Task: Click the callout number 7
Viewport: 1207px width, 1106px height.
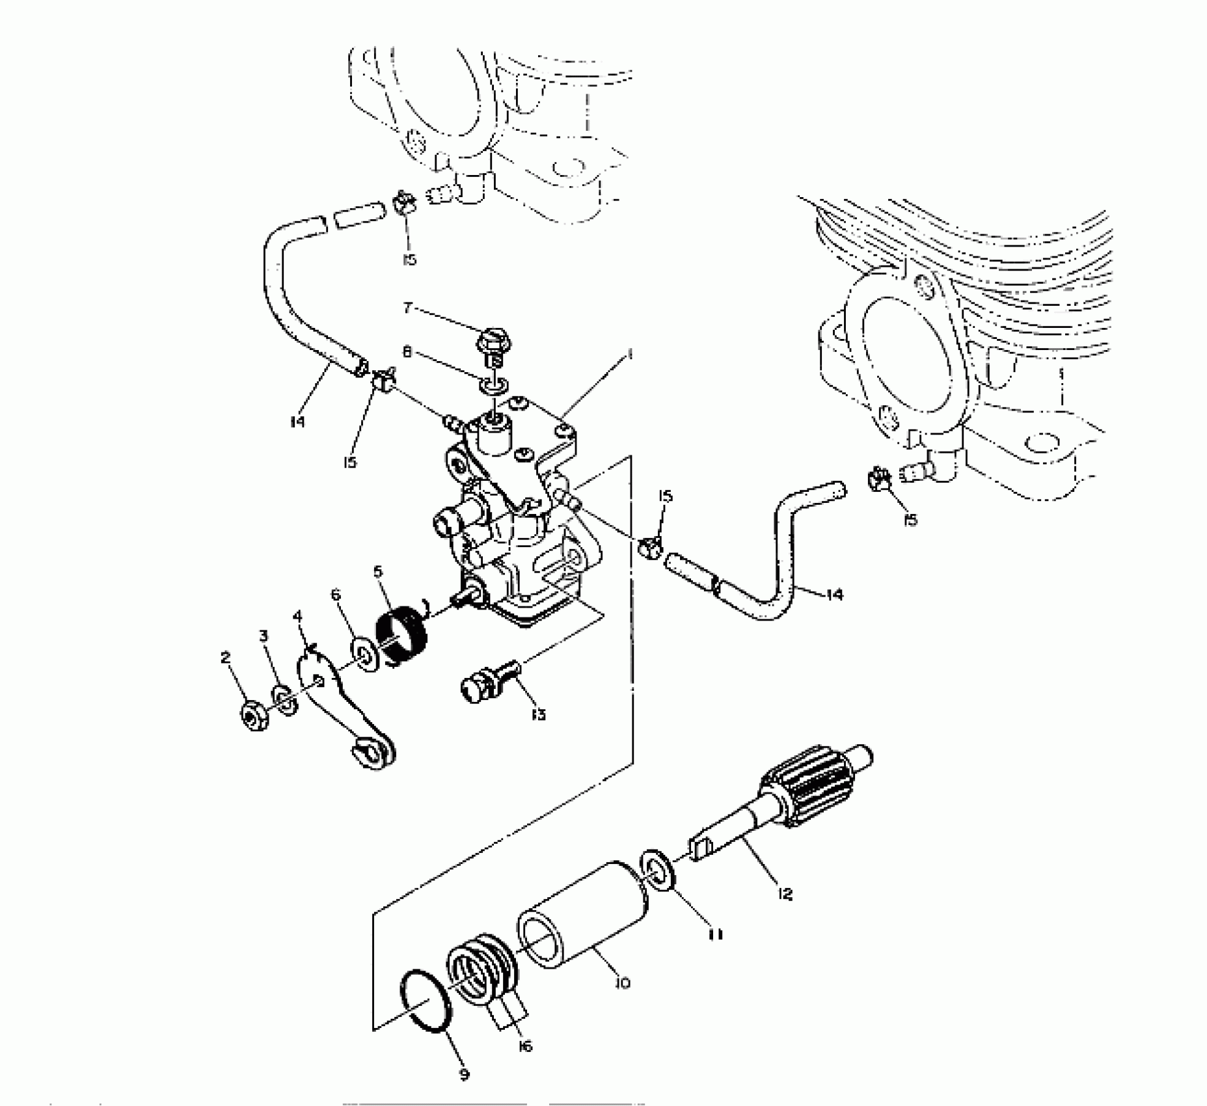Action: click(x=408, y=307)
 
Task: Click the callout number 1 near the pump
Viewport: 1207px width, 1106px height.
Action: click(x=629, y=354)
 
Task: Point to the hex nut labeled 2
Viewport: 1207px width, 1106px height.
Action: click(x=252, y=715)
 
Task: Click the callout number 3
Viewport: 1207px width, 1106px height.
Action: click(x=264, y=635)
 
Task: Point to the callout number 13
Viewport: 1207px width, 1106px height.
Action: click(x=537, y=714)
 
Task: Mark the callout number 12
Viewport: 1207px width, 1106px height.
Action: click(x=785, y=894)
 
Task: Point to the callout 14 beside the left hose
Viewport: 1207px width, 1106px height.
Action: click(x=297, y=422)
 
